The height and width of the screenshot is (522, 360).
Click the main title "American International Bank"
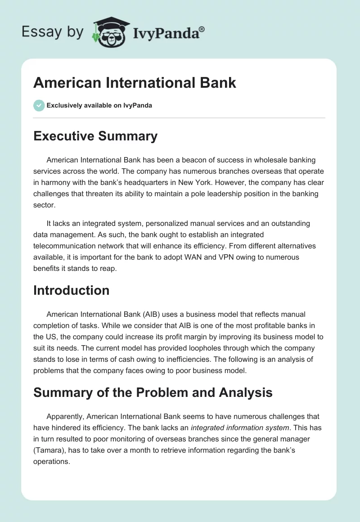(x=135, y=82)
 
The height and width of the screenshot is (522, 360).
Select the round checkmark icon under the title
(x=39, y=105)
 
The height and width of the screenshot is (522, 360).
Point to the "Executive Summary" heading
(x=95, y=136)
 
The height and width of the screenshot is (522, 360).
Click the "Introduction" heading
(x=71, y=290)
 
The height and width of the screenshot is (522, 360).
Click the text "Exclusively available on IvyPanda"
(x=99, y=105)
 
